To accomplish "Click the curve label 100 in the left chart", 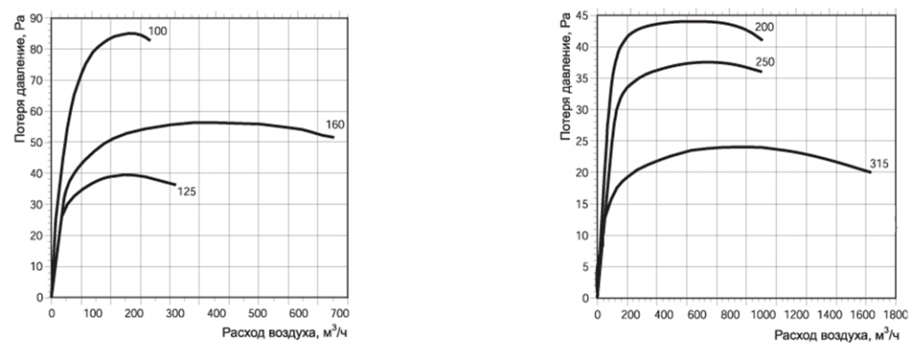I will point(159,31).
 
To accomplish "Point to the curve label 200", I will point(765,27).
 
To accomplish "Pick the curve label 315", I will point(879,164).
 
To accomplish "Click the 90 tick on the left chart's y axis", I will point(37,18).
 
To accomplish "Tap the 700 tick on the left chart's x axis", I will point(339,313).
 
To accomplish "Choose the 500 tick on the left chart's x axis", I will point(257,313).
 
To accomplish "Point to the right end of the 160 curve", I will point(334,137).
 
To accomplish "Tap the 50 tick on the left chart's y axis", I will point(37,142).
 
